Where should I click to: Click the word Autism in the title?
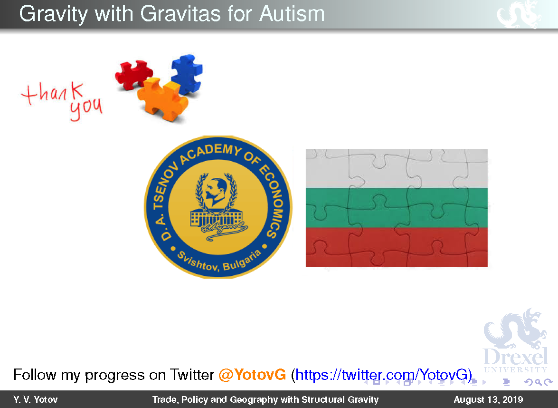[x=292, y=14]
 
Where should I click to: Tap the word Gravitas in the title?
[x=180, y=14]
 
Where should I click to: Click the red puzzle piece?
[x=133, y=74]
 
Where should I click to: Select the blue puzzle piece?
[x=187, y=74]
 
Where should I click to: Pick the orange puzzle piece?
[x=162, y=99]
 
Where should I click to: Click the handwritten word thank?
[x=53, y=93]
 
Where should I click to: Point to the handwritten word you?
[x=86, y=109]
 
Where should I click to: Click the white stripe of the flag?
[x=397, y=168]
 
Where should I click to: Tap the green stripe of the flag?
[x=397, y=208]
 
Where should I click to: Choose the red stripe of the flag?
[x=397, y=247]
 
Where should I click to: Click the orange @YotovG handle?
[x=252, y=375]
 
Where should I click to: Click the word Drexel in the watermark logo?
[x=516, y=357]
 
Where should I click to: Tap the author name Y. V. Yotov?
[x=36, y=400]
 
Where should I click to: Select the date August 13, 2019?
[x=488, y=400]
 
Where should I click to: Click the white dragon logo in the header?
[x=519, y=14]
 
